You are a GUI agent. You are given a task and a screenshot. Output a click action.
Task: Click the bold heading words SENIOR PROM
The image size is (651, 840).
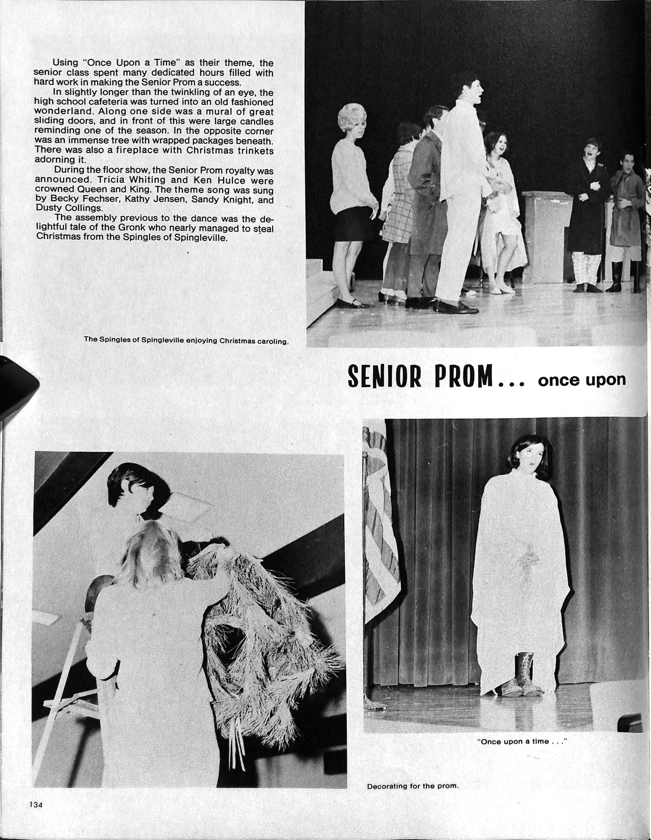tap(421, 378)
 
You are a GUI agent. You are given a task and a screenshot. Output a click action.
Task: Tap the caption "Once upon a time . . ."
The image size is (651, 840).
tap(522, 741)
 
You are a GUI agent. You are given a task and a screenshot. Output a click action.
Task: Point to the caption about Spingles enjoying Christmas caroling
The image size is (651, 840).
tap(186, 341)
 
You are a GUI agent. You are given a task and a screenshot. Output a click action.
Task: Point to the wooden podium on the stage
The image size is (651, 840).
tap(546, 234)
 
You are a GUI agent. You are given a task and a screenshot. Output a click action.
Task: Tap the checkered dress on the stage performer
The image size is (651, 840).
tap(397, 204)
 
